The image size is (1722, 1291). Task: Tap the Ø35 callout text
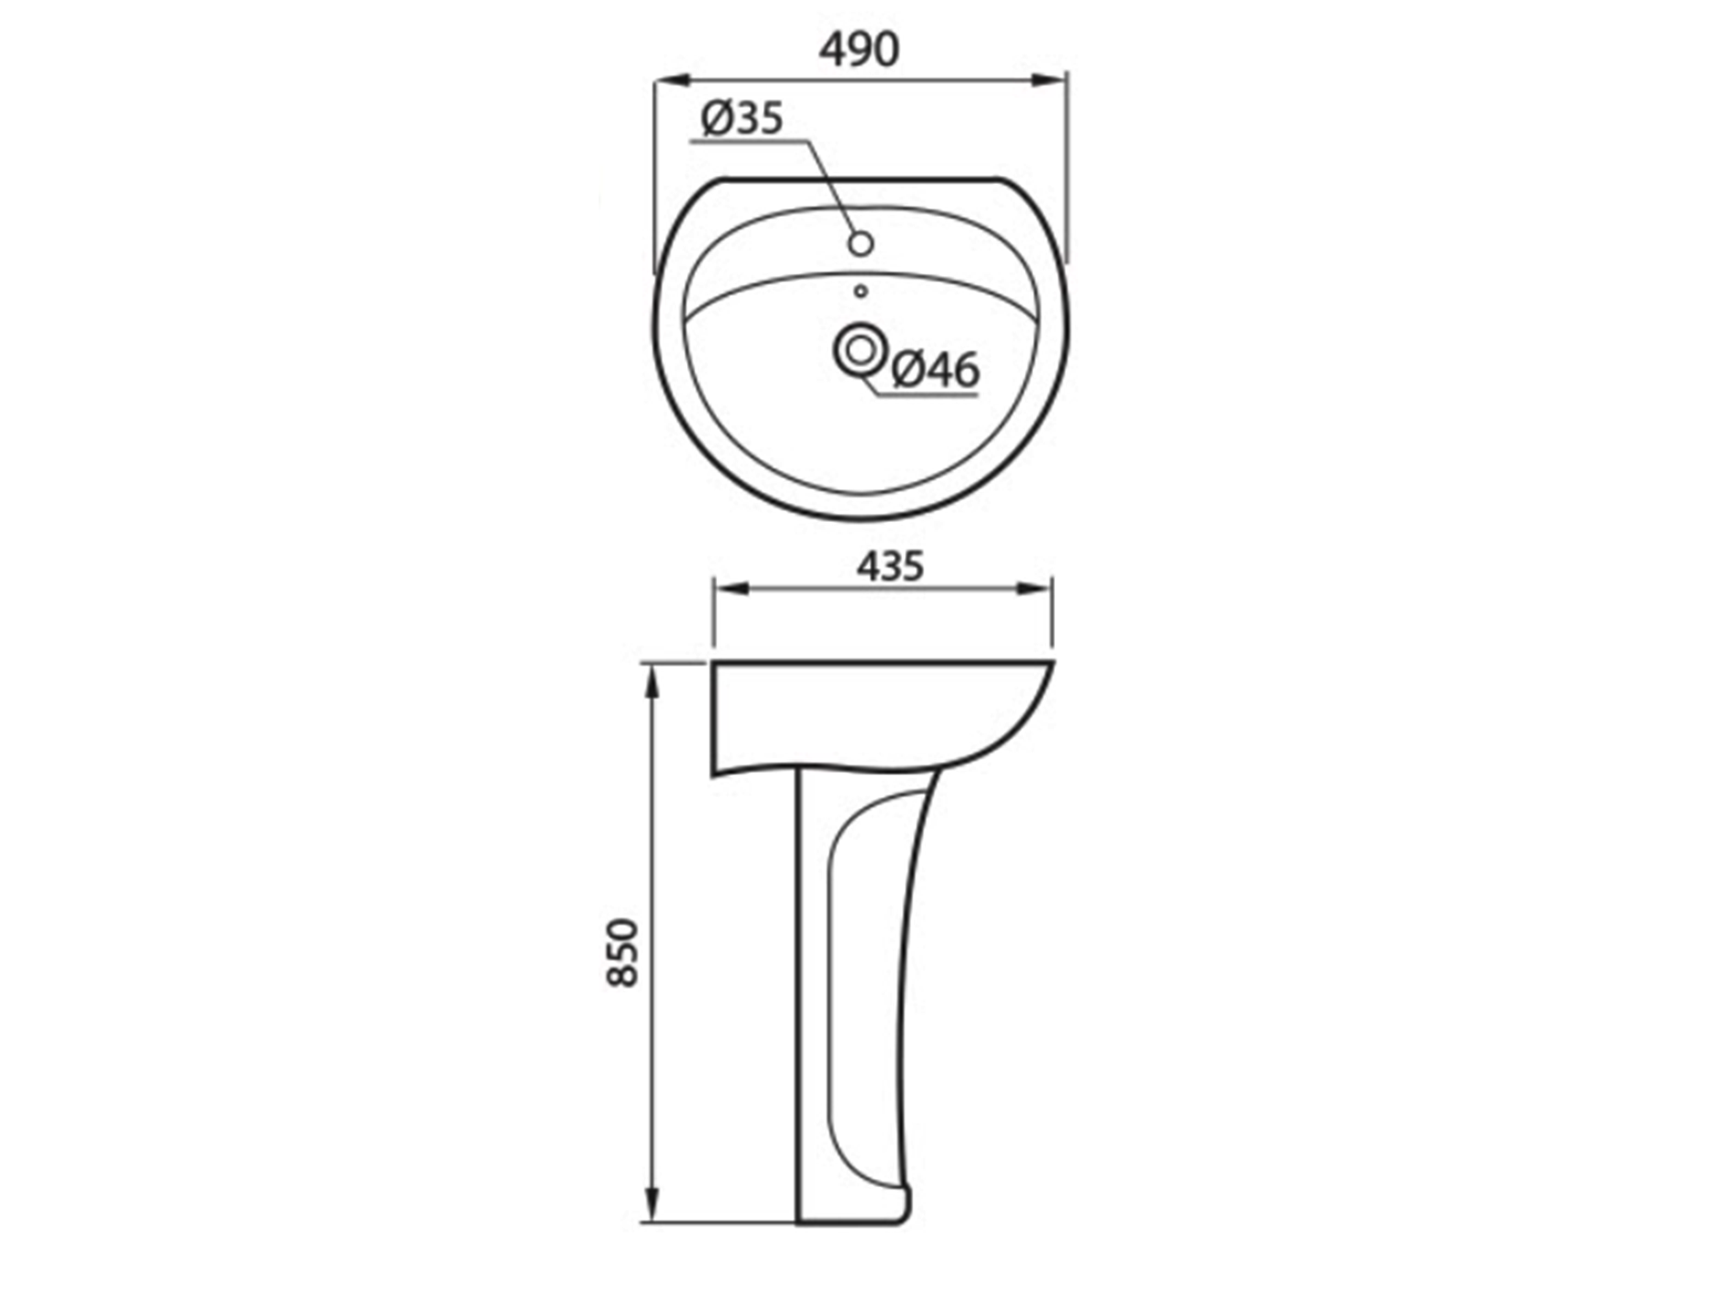pyautogui.click(x=742, y=118)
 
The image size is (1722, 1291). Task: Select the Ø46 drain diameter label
pyautogui.click(x=936, y=369)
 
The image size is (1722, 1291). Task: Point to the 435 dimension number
pyautogui.click(x=890, y=566)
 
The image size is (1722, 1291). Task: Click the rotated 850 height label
pyautogui.click(x=624, y=952)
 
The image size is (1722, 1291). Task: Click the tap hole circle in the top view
pyautogui.click(x=860, y=243)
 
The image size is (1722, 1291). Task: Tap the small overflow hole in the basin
pyautogui.click(x=860, y=291)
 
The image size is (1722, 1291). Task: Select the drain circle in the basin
pyautogui.click(x=859, y=351)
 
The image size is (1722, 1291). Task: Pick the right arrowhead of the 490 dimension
pyautogui.click(x=1048, y=80)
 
